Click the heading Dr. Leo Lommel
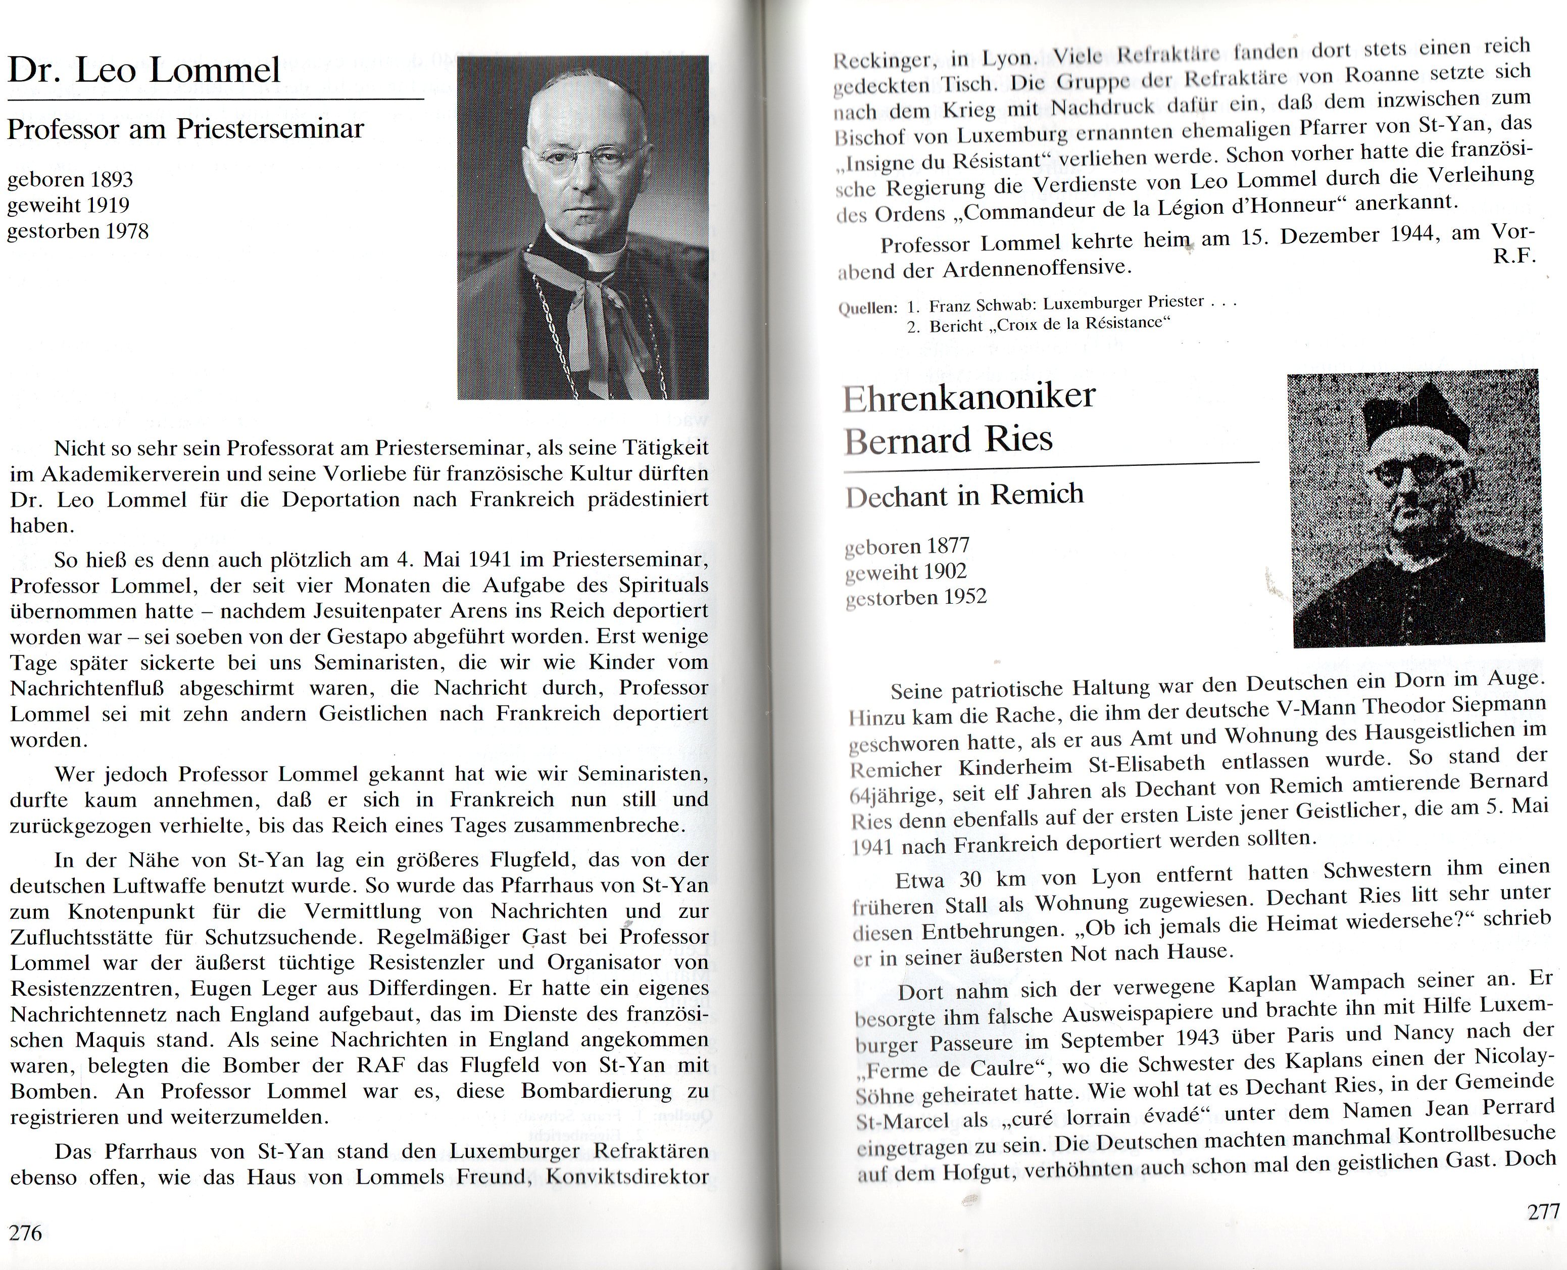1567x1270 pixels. (x=144, y=71)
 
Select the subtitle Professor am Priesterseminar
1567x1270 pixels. (x=186, y=129)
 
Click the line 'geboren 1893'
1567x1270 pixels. (x=70, y=179)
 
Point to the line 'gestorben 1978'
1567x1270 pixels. (x=78, y=231)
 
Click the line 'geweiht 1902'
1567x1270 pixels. (x=906, y=572)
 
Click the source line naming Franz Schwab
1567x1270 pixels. (x=1072, y=304)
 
